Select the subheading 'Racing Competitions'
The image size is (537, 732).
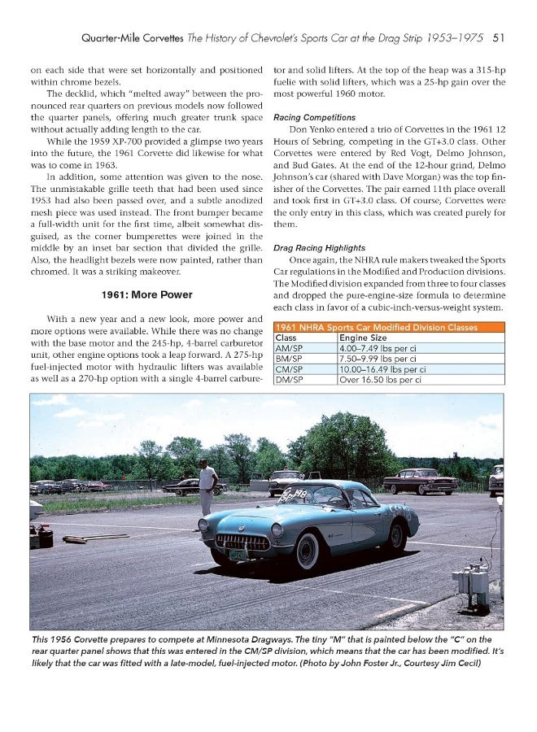[314, 117]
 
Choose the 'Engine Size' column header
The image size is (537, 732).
[364, 337]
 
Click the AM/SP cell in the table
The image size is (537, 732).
[290, 347]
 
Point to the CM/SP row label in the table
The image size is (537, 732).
[290, 368]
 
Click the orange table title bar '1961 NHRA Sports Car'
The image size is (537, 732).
[386, 326]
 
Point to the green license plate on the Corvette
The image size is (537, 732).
[237, 555]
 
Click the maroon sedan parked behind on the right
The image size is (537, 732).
[421, 482]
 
